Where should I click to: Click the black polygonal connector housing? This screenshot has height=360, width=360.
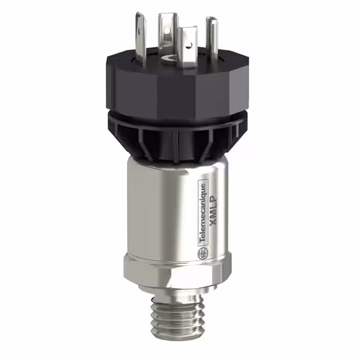click(169, 84)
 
